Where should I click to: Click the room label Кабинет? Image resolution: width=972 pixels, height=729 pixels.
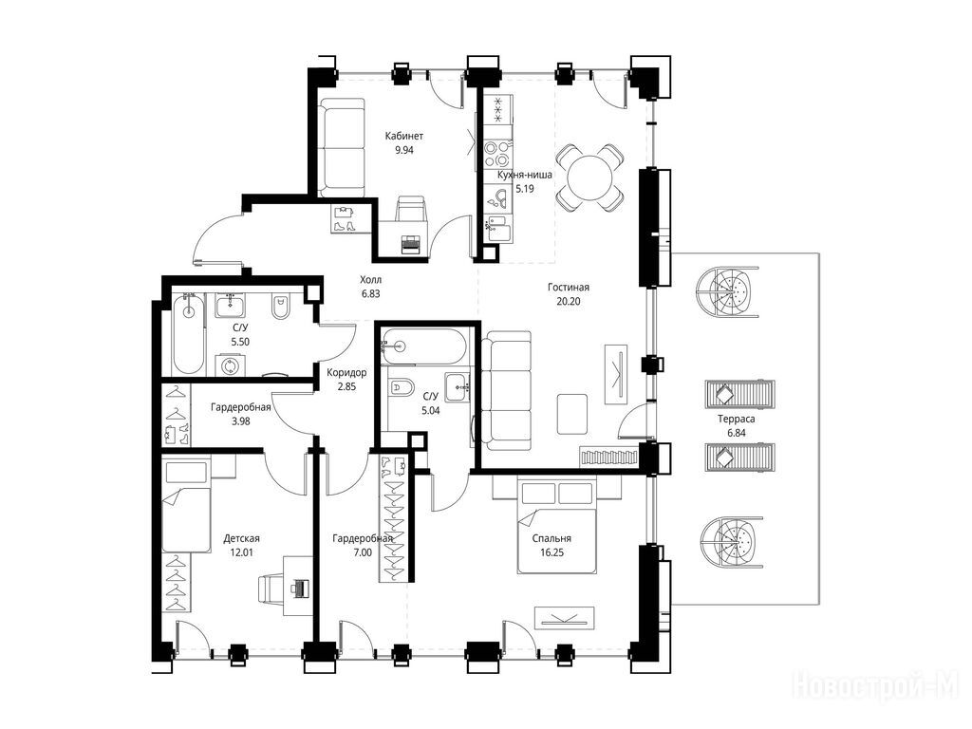(x=403, y=136)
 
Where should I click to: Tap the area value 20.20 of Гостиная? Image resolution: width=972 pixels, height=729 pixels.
(x=569, y=302)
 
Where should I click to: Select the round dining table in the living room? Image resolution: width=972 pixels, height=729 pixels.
(x=589, y=178)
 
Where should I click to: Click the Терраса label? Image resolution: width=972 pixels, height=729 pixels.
(x=737, y=419)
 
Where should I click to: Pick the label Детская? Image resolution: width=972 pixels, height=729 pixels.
(x=241, y=539)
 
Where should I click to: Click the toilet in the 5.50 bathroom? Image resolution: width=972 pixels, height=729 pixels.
(x=282, y=308)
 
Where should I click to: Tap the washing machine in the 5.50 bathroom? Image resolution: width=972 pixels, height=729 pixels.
(x=230, y=365)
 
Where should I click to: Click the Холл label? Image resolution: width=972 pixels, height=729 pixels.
(x=371, y=280)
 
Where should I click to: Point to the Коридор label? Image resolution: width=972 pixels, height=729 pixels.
(x=346, y=372)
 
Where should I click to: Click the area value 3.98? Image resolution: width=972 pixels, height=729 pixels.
(x=240, y=421)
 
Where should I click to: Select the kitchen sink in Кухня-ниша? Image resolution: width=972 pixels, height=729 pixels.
(x=497, y=197)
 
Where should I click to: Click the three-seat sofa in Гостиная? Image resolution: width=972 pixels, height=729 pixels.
(x=507, y=391)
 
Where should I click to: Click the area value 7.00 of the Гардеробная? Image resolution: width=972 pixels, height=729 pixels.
(x=363, y=553)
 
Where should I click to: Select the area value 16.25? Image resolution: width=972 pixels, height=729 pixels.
(x=551, y=553)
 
